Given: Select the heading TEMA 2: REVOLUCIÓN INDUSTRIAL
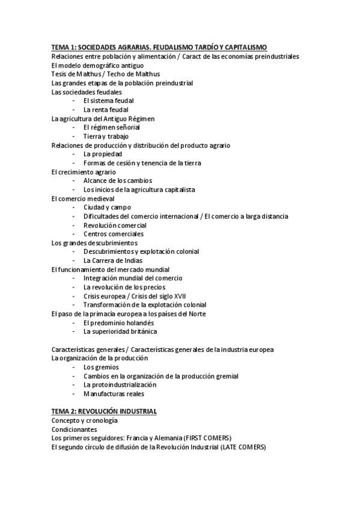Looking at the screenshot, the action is click(104, 411).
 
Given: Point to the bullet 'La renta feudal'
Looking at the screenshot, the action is click(106, 109).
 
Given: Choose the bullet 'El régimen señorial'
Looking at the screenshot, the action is click(112, 127).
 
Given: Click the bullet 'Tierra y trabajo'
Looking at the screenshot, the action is click(106, 137).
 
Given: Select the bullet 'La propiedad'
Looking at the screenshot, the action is click(103, 154).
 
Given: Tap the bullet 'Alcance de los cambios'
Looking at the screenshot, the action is click(118, 180).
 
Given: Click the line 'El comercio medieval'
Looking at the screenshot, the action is click(83, 198).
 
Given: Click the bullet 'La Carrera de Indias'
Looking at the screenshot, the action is click(112, 260).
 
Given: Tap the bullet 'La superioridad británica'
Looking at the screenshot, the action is click(120, 331).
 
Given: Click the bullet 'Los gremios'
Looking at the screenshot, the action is click(101, 367).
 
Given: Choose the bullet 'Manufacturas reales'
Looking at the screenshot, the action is click(114, 393).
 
